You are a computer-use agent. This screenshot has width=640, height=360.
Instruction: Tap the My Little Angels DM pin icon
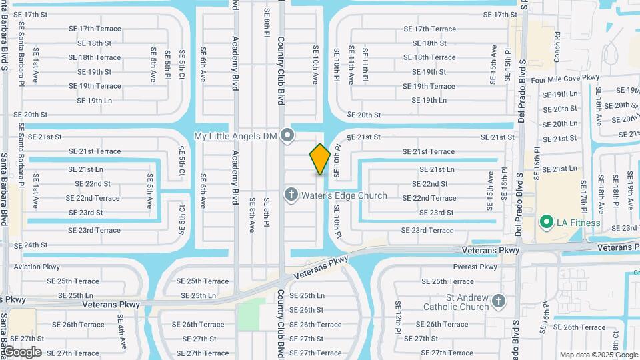click(287, 136)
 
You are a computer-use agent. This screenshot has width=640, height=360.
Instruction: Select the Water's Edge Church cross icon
click(291, 195)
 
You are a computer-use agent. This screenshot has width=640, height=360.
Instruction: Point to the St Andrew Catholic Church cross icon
click(498, 302)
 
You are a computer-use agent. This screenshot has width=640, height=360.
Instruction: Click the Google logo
click(22, 352)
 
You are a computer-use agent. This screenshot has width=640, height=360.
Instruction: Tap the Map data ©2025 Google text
click(598, 355)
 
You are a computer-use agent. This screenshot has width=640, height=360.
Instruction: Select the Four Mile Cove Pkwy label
click(566, 78)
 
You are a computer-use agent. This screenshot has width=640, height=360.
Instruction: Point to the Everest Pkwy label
click(475, 267)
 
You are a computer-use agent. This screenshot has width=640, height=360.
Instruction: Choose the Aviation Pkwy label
click(37, 267)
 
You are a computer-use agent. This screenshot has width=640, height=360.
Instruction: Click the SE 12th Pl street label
click(398, 316)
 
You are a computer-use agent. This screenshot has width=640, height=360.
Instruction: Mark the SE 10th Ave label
click(316, 65)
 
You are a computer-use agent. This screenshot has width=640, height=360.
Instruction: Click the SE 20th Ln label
click(560, 123)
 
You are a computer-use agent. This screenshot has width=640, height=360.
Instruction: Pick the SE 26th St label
click(306, 310)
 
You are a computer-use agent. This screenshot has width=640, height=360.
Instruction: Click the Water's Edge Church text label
click(344, 195)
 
